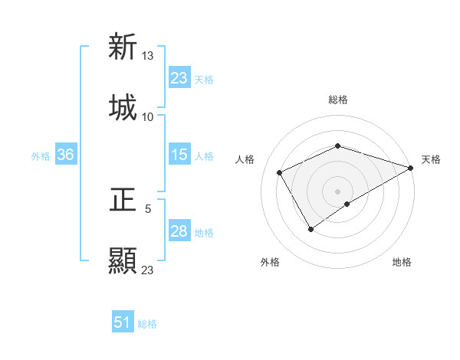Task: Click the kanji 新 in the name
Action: coord(123,47)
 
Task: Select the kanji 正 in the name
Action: coord(123,199)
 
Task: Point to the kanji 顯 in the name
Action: coord(123,260)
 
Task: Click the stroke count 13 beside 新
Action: coord(148,55)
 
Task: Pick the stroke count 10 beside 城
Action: coord(148,116)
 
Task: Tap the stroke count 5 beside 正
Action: coord(148,208)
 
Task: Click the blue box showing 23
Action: coord(179,78)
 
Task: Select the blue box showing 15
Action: coord(179,155)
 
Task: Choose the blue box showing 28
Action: coord(179,231)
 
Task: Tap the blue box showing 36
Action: coord(65,155)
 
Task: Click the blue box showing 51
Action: coord(122,322)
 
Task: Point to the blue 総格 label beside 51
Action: coord(147,324)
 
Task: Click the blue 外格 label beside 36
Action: coord(41,155)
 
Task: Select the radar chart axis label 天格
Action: coord(431,159)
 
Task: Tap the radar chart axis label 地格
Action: coord(402,262)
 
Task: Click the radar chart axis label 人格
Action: coord(245,159)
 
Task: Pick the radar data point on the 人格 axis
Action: coord(280,172)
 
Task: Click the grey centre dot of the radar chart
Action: coord(337,191)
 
